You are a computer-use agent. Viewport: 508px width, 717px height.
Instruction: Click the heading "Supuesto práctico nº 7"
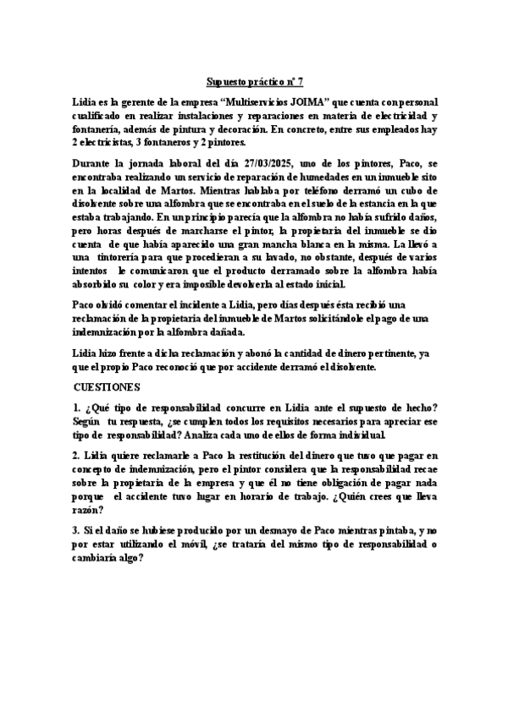(x=254, y=82)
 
